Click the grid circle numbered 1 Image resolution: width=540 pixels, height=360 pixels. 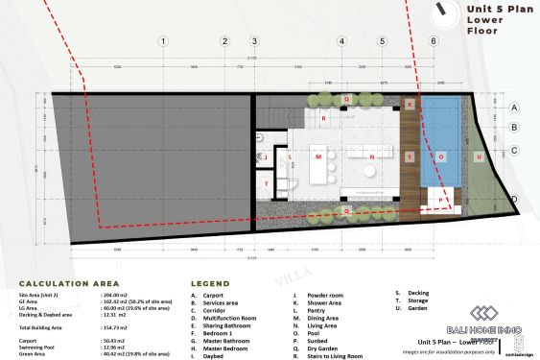164,41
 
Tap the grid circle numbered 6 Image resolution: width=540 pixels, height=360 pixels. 434,41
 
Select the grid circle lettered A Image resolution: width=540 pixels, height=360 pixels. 514,108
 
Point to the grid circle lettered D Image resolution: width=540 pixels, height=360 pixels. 514,200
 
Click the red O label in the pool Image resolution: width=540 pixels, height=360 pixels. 440,156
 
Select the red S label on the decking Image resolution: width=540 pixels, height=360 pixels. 410,156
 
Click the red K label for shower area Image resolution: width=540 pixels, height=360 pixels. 410,104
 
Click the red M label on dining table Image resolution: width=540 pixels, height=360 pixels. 317,156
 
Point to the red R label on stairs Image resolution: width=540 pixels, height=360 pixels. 324,118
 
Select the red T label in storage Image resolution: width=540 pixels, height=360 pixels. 267,182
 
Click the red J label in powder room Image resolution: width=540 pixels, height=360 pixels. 290,155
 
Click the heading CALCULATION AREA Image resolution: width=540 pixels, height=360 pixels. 69,283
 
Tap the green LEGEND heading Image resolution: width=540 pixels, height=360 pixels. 210,283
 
